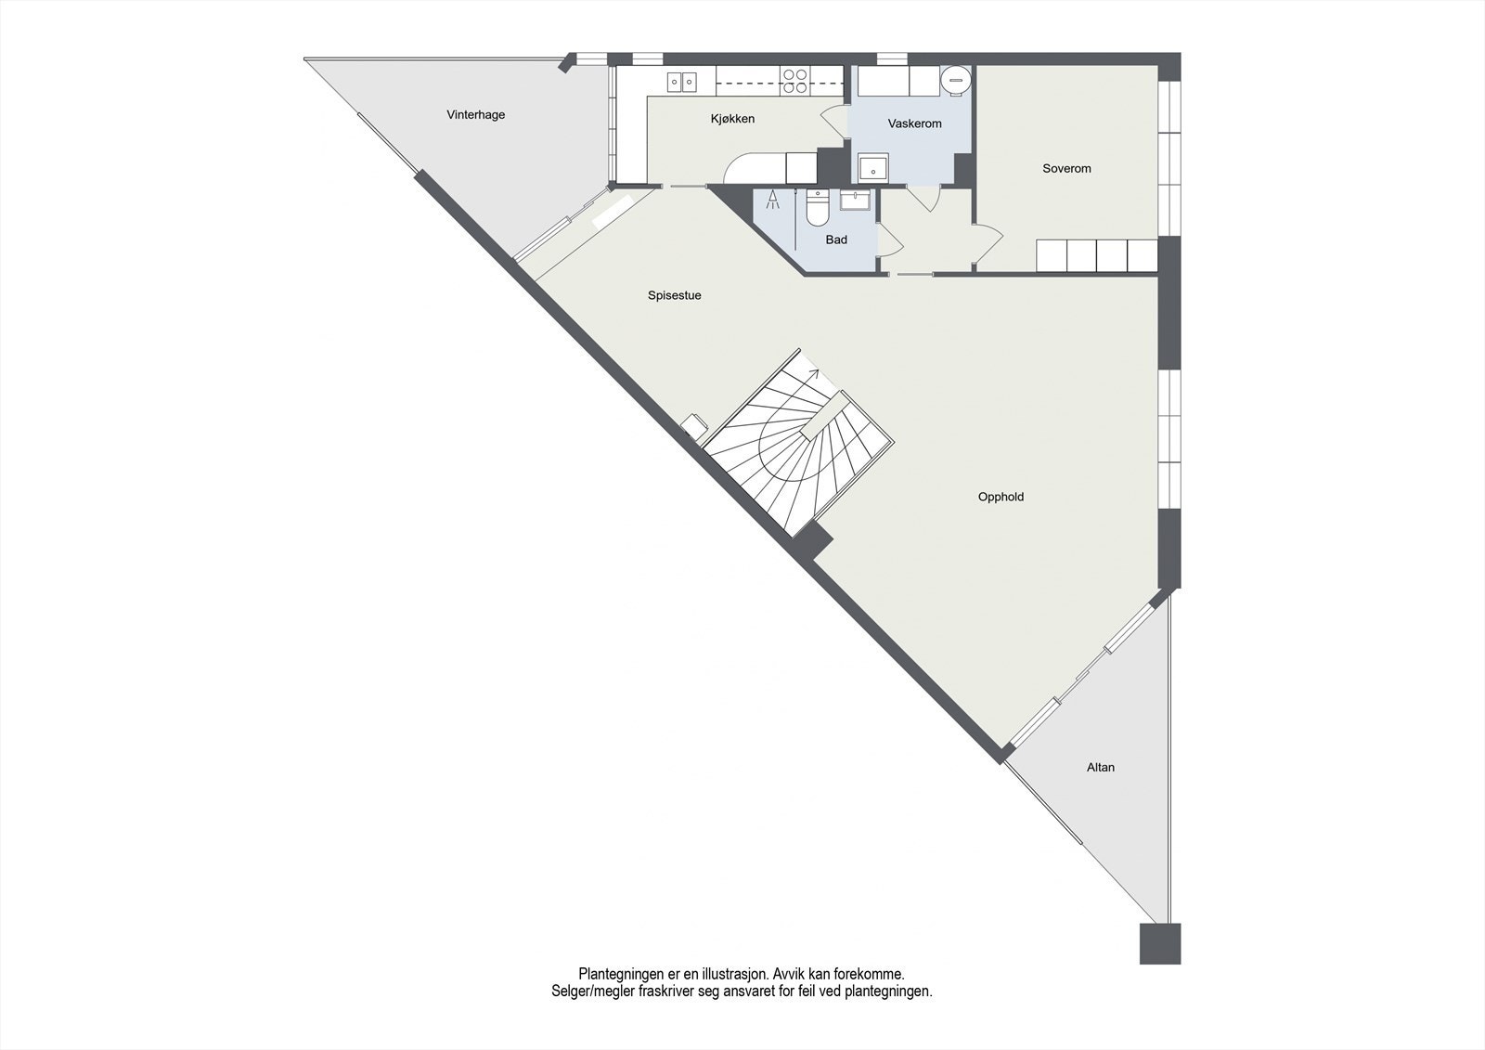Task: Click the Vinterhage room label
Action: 475,115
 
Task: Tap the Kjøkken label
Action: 732,119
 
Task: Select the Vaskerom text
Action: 914,123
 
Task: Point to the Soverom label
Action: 1066,169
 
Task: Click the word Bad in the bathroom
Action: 836,240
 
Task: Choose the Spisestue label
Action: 674,295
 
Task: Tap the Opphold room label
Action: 1001,497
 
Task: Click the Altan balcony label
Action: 1101,768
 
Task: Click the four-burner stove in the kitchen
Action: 794,81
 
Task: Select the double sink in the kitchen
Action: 682,83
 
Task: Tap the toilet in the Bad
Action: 817,209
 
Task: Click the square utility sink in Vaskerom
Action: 872,170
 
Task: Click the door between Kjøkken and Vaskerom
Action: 833,123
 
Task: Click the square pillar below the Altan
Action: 1160,943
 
